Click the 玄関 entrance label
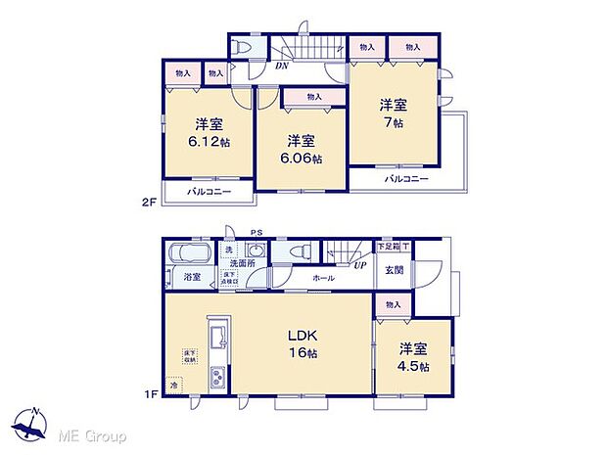click(393, 270)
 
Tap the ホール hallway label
click(324, 279)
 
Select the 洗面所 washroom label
click(242, 263)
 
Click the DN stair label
click(282, 67)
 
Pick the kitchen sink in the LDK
click(217, 339)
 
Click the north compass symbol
click(35, 426)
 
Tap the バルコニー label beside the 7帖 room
click(404, 179)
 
